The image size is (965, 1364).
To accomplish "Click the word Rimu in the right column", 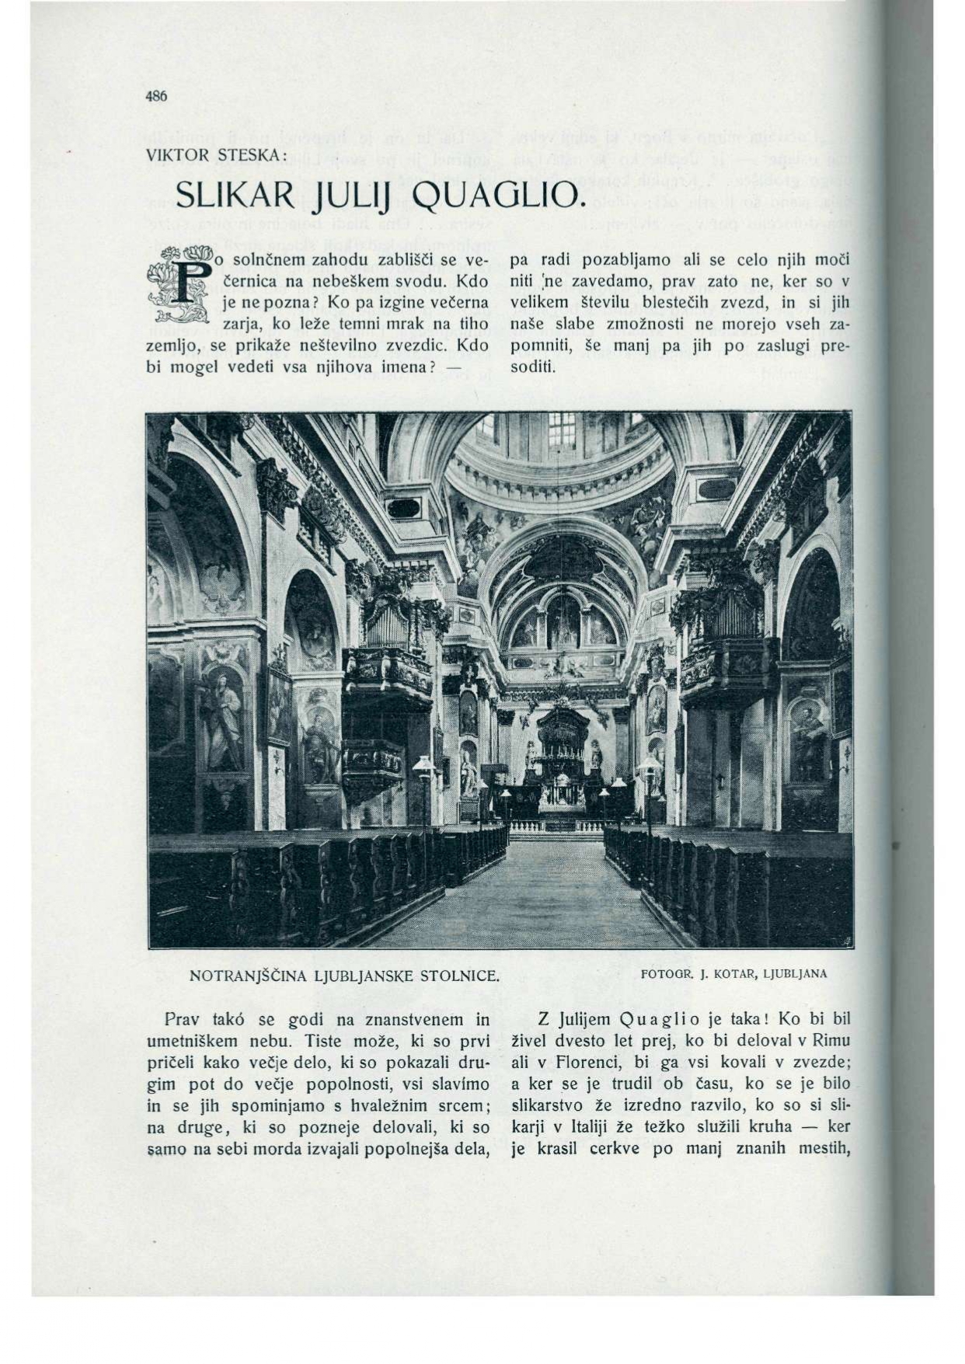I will click(835, 1041).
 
